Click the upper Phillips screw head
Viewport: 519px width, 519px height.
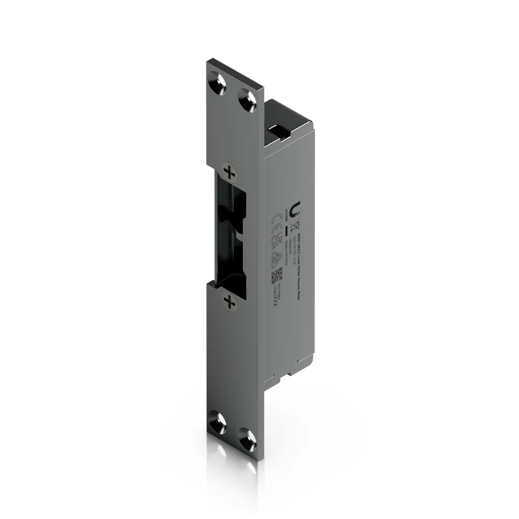point(227,171)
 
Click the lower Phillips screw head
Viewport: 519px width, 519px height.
point(228,301)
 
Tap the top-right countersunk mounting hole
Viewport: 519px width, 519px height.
point(248,99)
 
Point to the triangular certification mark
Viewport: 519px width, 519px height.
point(278,257)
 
